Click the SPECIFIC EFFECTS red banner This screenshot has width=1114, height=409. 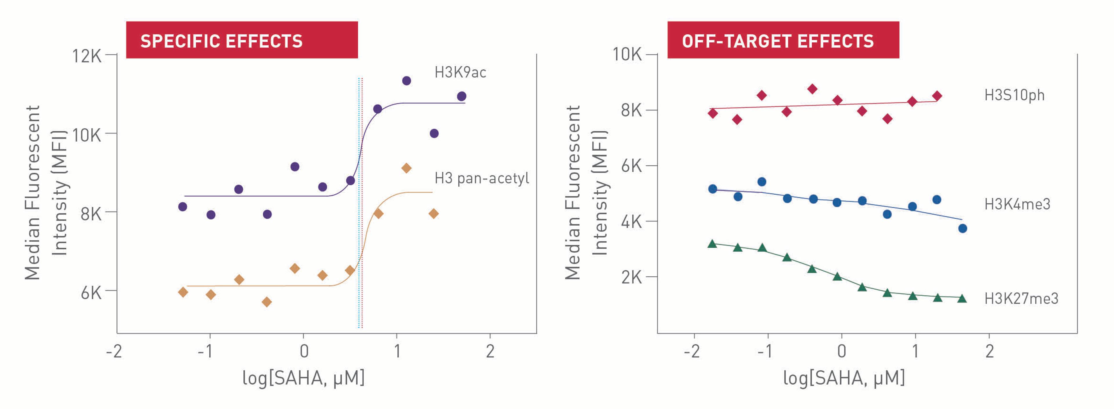(x=241, y=40)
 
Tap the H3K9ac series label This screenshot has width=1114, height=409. (x=460, y=72)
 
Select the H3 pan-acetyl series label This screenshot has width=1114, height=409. (x=481, y=178)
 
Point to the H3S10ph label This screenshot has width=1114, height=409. (x=1014, y=95)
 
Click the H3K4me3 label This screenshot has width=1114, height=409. (x=1017, y=204)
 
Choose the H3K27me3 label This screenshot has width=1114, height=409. (x=1021, y=298)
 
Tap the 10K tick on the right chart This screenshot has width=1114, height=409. (x=627, y=54)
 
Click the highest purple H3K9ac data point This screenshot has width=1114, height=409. (x=406, y=81)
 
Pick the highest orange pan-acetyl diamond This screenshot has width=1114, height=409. (x=406, y=168)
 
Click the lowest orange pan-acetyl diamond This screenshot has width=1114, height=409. (x=267, y=302)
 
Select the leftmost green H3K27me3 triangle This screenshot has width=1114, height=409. (x=712, y=244)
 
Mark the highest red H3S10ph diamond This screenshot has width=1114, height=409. (x=812, y=89)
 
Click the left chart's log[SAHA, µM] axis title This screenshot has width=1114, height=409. (x=303, y=378)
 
